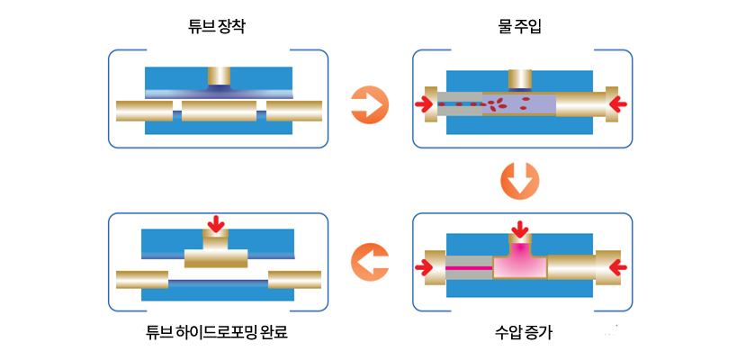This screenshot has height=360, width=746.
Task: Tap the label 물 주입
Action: (519, 26)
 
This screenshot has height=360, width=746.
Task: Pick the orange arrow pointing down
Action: (520, 181)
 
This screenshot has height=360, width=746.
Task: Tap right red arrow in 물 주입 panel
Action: (616, 105)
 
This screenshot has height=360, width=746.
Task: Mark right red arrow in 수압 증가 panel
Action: (617, 266)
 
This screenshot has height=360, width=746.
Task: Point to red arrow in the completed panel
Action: (215, 222)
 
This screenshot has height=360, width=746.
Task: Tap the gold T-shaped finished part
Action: (216, 257)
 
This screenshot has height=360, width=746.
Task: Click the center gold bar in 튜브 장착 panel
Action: (219, 112)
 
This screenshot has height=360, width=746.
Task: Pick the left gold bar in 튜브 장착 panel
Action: (144, 112)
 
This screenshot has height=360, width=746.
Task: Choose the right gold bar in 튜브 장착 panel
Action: (294, 112)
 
